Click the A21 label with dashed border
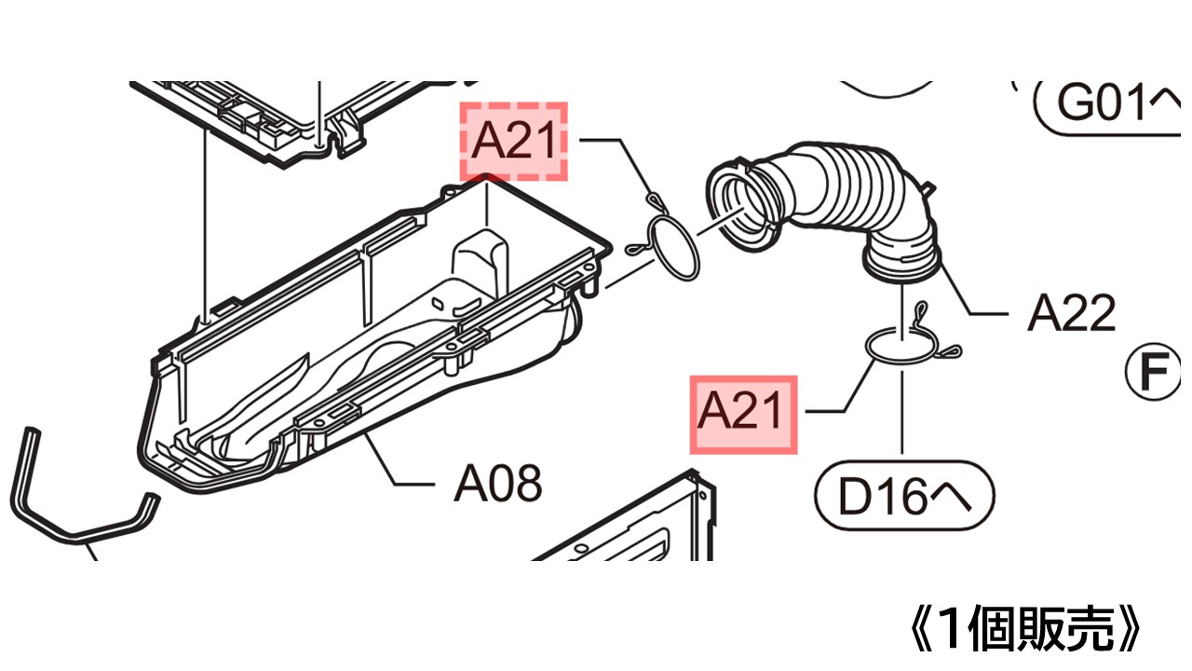coord(513,141)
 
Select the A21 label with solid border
coord(743,415)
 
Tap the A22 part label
coord(1071,313)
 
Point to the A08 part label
coord(498,483)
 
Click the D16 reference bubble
coord(904,496)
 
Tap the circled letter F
coord(1153,372)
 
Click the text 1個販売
coord(1025,629)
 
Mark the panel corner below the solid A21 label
coord(694,470)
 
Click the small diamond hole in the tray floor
coord(438,304)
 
